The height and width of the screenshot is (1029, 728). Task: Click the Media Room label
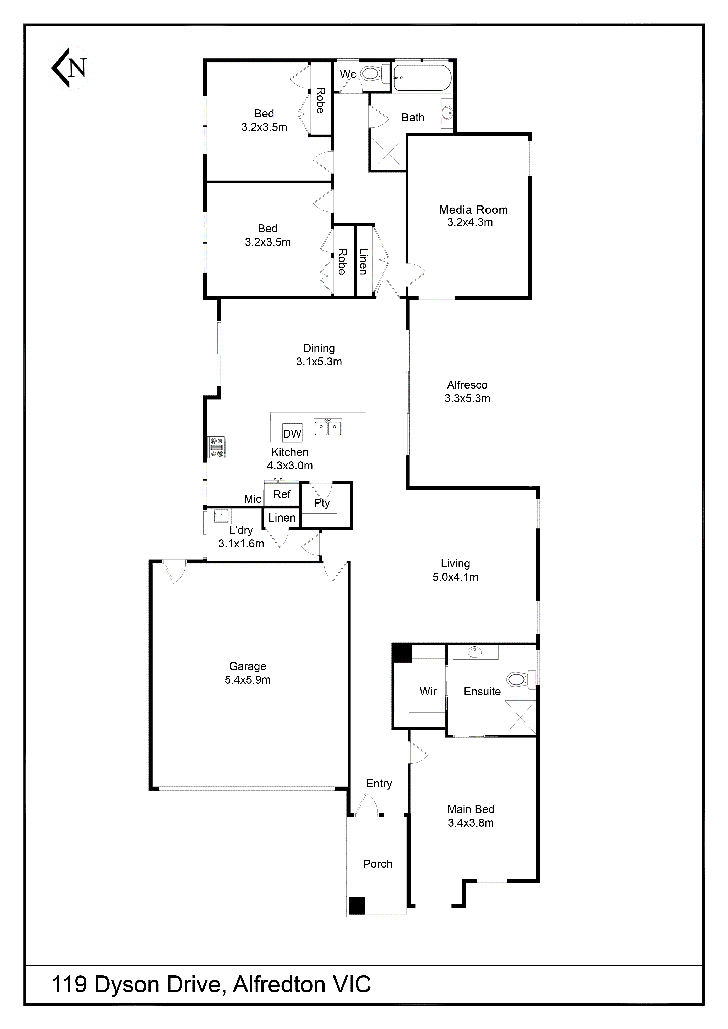pos(473,210)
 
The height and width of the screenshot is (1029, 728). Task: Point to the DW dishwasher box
pos(292,433)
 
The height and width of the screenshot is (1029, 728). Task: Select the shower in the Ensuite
pos(520,717)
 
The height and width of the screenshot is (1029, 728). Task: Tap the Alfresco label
pos(467,385)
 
